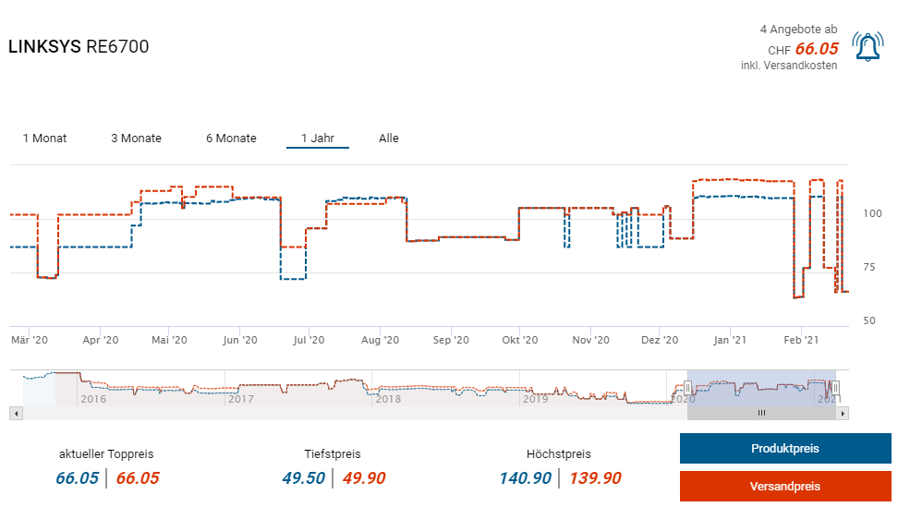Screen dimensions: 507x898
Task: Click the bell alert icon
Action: pyautogui.click(x=867, y=47)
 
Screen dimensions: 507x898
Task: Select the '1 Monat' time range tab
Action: pyautogui.click(x=44, y=139)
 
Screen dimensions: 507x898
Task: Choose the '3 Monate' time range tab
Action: pyautogui.click(x=136, y=139)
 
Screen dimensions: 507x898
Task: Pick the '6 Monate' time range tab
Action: pyautogui.click(x=231, y=139)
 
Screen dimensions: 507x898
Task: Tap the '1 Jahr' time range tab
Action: pyautogui.click(x=318, y=139)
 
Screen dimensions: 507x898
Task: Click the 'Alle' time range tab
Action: pyautogui.click(x=389, y=139)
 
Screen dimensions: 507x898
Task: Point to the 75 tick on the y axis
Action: pyautogui.click(x=872, y=268)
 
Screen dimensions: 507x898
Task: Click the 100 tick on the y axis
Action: pyautogui.click(x=872, y=213)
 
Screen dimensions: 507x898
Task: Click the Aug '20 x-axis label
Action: pyautogui.click(x=379, y=340)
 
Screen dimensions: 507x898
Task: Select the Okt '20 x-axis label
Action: pyautogui.click(x=519, y=340)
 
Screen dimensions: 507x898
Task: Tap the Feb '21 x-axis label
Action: pyautogui.click(x=800, y=340)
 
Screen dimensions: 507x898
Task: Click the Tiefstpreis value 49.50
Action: pyautogui.click(x=303, y=477)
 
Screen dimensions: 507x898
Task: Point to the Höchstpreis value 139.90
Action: pyautogui.click(x=595, y=477)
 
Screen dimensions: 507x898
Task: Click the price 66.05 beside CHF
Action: pyautogui.click(x=817, y=49)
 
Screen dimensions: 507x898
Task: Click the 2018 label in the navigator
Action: pyautogui.click(x=388, y=399)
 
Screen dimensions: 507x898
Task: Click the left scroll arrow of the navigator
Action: pyautogui.click(x=15, y=413)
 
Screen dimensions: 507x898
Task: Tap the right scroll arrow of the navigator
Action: pyautogui.click(x=842, y=413)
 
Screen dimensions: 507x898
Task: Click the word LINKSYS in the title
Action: pyautogui.click(x=44, y=46)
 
